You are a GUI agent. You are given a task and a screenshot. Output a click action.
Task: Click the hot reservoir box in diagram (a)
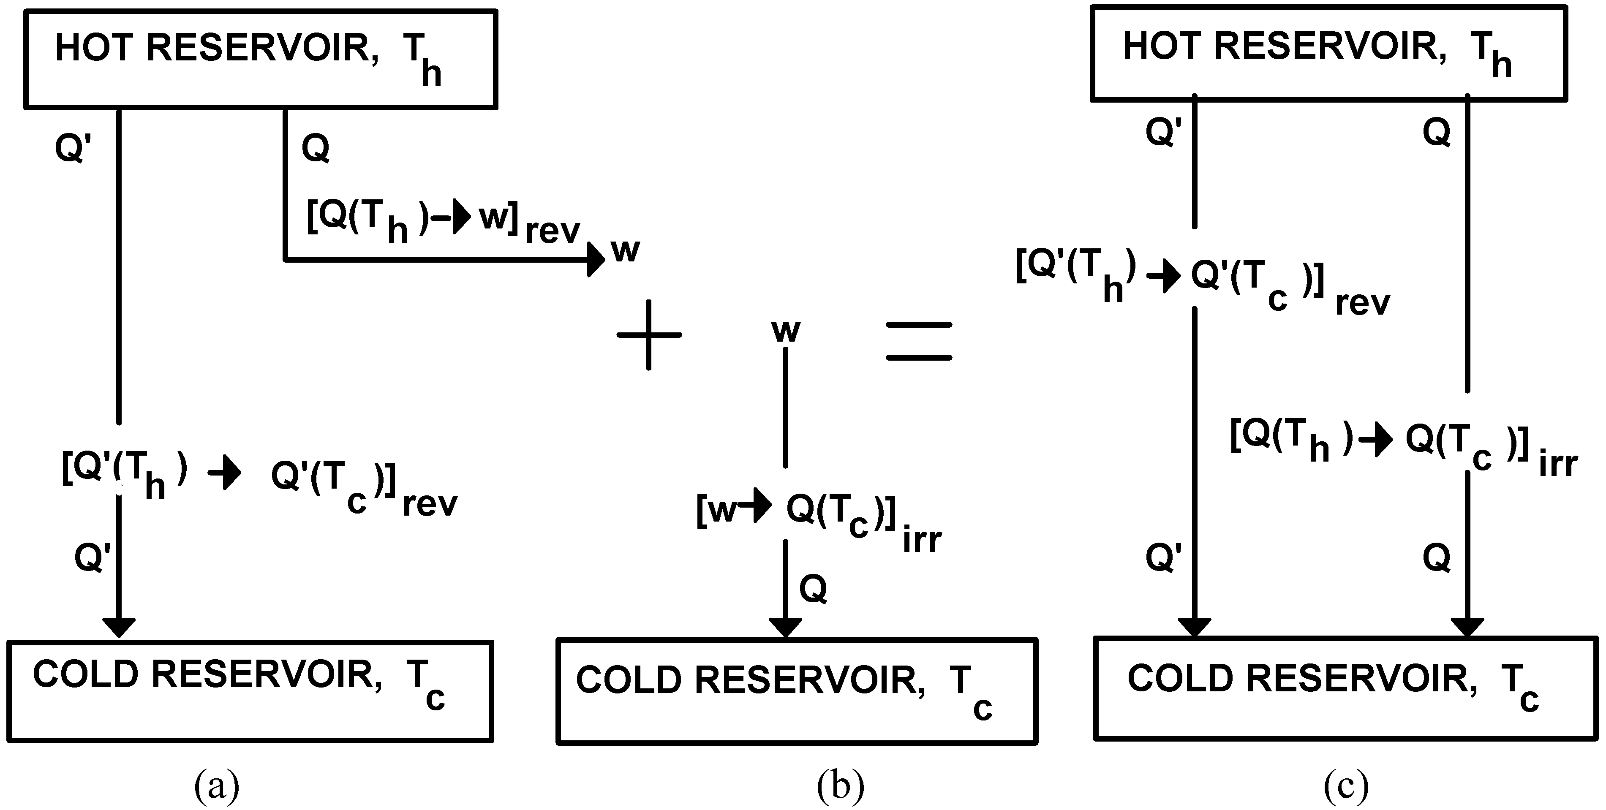[x=261, y=59]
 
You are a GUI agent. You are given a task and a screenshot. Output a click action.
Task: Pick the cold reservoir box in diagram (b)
[x=796, y=692]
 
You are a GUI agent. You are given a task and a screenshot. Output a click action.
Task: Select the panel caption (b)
[x=841, y=786]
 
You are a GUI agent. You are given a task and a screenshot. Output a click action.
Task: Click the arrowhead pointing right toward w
[x=596, y=259]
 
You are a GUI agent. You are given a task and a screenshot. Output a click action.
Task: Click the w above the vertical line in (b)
[x=786, y=330]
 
